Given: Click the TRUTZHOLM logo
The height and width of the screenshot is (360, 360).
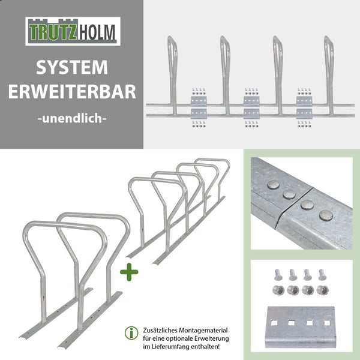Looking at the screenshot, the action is [x=73, y=31].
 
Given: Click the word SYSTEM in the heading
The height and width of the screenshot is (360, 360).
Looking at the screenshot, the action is [x=72, y=67].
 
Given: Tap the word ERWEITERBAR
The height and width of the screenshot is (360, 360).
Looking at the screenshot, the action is [x=72, y=92].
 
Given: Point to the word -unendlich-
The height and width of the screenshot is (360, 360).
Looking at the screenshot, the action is [x=72, y=118].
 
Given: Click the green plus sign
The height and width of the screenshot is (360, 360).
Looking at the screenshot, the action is [x=129, y=272].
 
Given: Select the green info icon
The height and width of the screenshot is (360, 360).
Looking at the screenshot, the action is [x=131, y=333].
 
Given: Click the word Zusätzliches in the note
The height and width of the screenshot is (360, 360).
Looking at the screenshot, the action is [x=160, y=331].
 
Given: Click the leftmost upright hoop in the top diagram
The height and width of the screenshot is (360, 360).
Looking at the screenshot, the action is [x=172, y=76].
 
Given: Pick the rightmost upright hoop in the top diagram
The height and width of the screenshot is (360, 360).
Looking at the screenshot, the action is [x=329, y=76].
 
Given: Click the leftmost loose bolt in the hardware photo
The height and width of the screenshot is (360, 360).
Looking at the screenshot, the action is [x=278, y=275].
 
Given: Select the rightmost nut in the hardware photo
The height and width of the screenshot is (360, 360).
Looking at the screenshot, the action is [x=323, y=290].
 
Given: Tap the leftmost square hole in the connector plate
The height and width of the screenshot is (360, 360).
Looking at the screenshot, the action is [x=274, y=323].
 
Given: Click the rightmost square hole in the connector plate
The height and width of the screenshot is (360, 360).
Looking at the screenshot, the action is [x=327, y=323].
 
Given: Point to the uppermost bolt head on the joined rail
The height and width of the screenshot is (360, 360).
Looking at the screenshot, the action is [x=274, y=185].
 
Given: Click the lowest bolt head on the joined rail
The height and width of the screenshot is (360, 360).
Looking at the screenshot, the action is [x=326, y=215].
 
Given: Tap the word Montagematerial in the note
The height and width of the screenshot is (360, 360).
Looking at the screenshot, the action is [x=203, y=331].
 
